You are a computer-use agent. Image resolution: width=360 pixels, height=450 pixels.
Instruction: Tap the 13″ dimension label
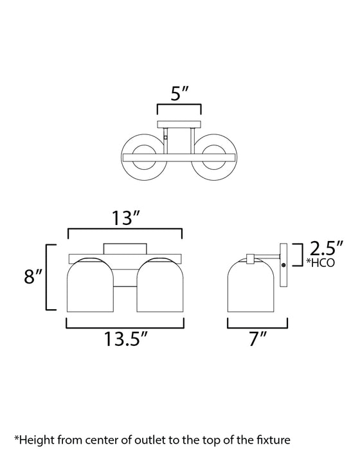[125, 218]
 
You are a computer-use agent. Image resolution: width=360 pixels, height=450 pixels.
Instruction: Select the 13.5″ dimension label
[125, 339]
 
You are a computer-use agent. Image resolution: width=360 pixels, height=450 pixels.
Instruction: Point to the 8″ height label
[33, 276]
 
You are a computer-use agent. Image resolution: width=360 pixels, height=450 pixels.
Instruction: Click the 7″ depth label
[258, 339]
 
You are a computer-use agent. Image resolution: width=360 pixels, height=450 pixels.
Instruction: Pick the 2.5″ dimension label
[327, 248]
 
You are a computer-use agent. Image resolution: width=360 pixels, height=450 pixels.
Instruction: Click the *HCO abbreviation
[320, 262]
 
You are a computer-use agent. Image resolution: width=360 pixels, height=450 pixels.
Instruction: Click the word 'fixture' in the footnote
[272, 439]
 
